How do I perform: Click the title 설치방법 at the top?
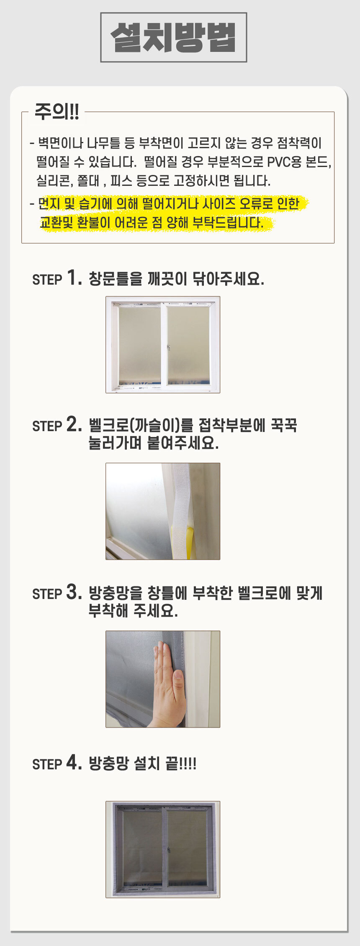(x=173, y=37)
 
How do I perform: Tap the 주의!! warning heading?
(x=57, y=112)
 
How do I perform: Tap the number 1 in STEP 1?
(x=74, y=278)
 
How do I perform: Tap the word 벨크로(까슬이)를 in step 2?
(x=141, y=425)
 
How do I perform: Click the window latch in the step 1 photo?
(x=168, y=347)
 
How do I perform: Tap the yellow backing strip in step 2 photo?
(x=190, y=542)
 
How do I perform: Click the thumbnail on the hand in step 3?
(x=179, y=674)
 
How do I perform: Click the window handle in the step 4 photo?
(x=168, y=851)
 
